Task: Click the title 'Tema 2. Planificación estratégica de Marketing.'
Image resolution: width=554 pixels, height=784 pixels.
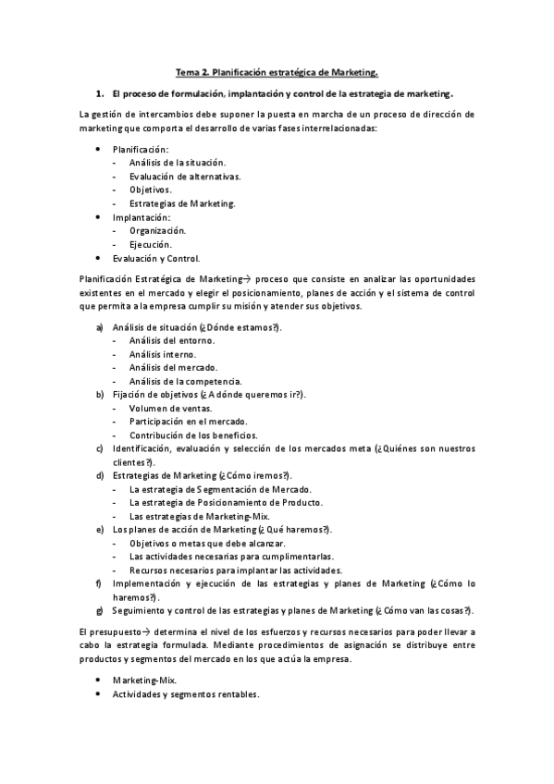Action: (277, 70)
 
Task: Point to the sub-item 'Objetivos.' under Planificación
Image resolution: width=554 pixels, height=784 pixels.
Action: (156, 190)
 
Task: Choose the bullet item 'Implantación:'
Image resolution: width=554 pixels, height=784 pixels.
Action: (142, 216)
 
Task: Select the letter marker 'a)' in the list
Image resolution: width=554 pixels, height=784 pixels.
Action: (100, 327)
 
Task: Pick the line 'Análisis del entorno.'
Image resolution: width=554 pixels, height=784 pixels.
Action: (172, 341)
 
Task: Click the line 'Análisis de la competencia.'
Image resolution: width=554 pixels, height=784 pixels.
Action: (185, 381)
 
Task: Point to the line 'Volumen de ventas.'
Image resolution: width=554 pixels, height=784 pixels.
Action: (170, 409)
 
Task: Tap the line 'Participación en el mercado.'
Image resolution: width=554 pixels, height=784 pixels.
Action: (188, 422)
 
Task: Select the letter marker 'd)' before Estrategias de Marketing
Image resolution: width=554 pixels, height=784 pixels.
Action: (100, 475)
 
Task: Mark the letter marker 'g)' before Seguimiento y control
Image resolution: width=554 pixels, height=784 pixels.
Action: (99, 610)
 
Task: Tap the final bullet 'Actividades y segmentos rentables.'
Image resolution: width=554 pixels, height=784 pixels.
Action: (186, 693)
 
